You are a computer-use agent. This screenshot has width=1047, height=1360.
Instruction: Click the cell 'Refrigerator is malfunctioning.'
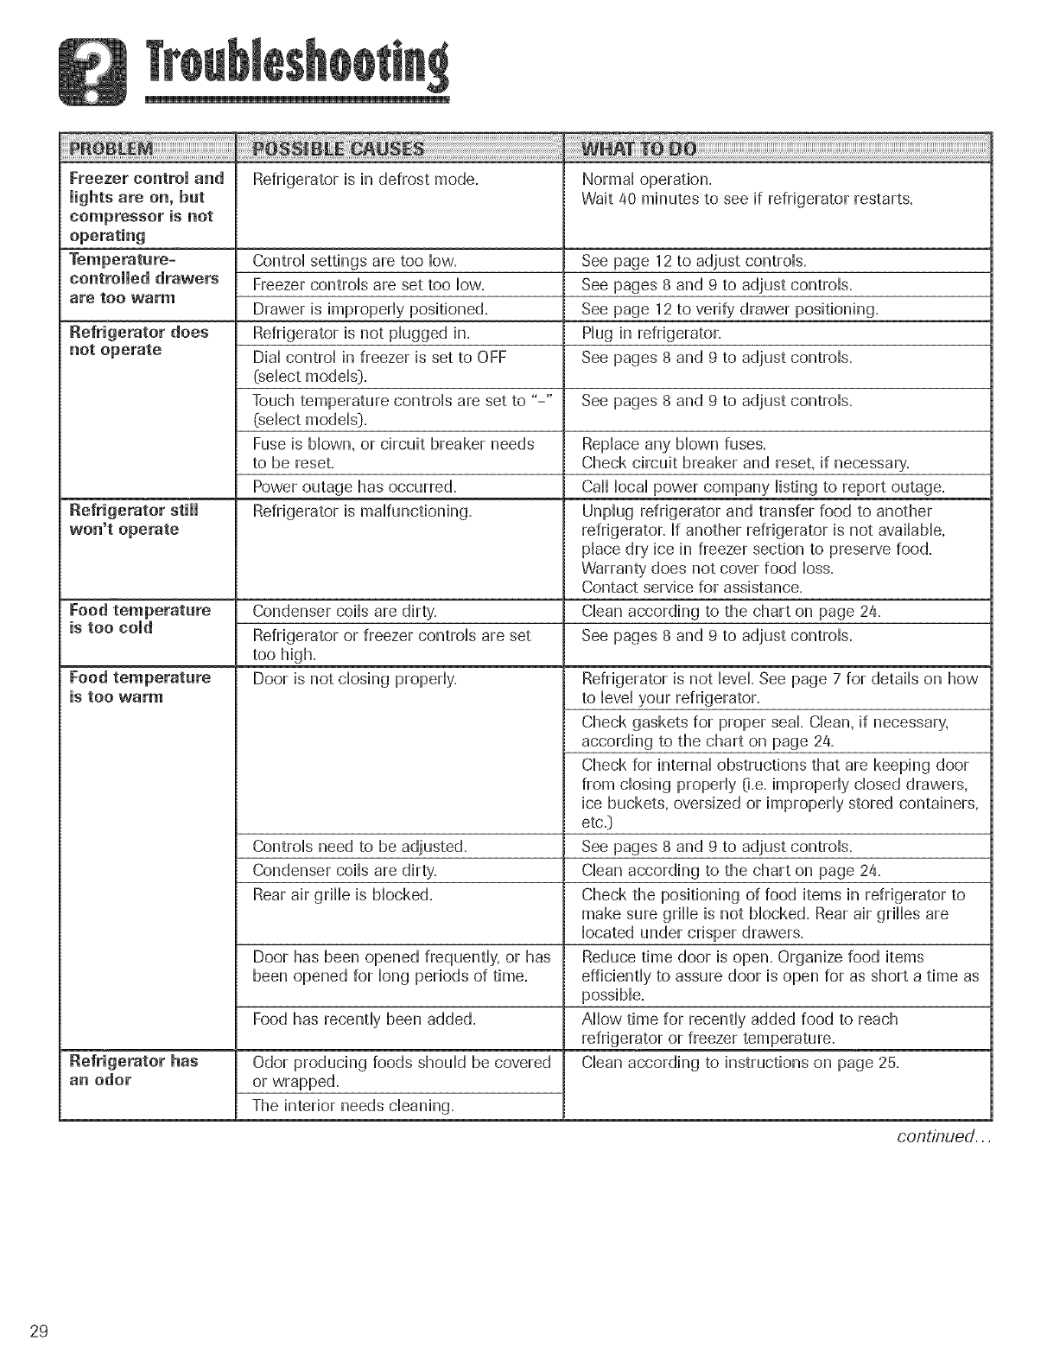[x=362, y=512]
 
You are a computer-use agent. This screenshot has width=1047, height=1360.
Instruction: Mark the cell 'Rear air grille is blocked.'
[x=342, y=895]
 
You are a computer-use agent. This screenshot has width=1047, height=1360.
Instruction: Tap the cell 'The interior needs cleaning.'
[x=353, y=1105]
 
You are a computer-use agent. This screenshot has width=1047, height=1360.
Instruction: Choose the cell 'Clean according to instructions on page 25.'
[x=740, y=1062]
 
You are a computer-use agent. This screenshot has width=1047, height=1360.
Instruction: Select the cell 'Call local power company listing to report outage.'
[x=763, y=486]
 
